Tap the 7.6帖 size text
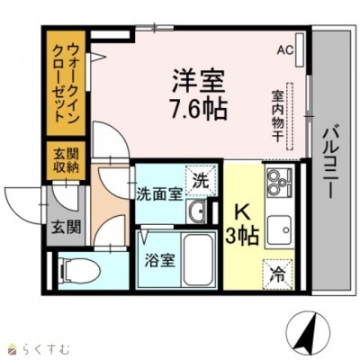[x=194, y=110]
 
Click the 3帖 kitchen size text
[x=242, y=238]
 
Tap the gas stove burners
[x=278, y=188]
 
